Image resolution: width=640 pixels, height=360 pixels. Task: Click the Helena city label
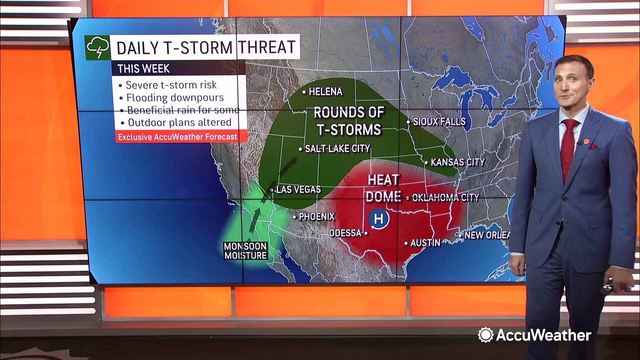[x=325, y=92]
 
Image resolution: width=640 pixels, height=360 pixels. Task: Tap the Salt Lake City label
[x=337, y=148]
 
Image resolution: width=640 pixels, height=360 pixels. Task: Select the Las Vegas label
[x=298, y=190]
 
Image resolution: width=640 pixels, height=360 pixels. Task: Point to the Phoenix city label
[x=316, y=217]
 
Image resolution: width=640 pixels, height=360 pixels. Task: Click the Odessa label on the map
[x=345, y=233]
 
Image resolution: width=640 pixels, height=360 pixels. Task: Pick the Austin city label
[x=425, y=243]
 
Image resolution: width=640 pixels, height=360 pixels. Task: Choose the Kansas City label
[x=457, y=162]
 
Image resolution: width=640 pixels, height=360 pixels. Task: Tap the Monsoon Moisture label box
[x=245, y=251]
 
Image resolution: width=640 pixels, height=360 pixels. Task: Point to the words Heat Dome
[x=383, y=187]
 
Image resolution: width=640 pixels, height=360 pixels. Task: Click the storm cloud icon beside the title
[x=97, y=47]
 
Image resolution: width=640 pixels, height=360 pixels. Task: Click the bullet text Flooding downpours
[x=174, y=97]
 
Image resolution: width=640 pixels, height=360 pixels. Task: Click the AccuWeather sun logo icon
[x=485, y=335]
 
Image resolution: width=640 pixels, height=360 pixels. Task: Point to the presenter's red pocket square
[x=593, y=146]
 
